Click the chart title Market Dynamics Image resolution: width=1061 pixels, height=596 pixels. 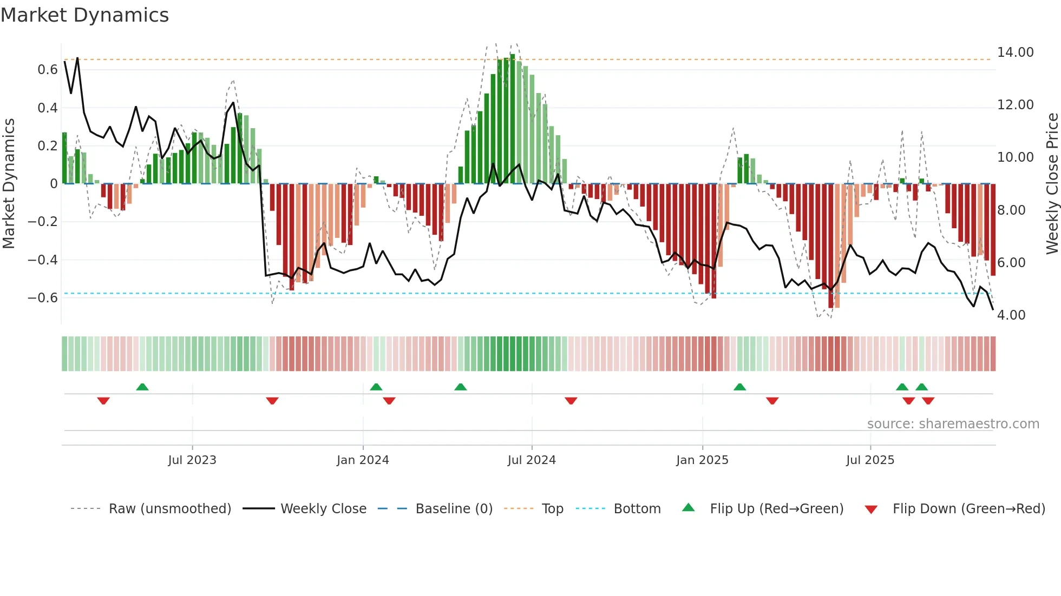click(84, 15)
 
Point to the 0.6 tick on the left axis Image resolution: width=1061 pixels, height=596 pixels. click(48, 70)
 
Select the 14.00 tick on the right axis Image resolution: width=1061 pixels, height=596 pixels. click(1015, 52)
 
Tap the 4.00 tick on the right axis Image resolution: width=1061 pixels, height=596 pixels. click(1011, 315)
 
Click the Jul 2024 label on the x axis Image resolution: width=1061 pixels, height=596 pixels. click(531, 460)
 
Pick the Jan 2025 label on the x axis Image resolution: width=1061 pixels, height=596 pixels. click(702, 460)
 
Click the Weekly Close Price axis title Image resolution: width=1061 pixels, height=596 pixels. click(1052, 184)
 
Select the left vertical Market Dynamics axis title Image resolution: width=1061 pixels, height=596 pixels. click(9, 184)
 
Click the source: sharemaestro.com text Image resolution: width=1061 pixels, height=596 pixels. click(953, 424)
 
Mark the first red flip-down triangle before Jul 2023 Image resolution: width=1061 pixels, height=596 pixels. click(103, 401)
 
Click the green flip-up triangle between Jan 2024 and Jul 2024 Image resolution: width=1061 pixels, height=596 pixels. click(460, 387)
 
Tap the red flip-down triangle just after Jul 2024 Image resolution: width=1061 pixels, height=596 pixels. click(571, 401)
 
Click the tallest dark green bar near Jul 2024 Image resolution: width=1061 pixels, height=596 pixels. click(512, 119)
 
